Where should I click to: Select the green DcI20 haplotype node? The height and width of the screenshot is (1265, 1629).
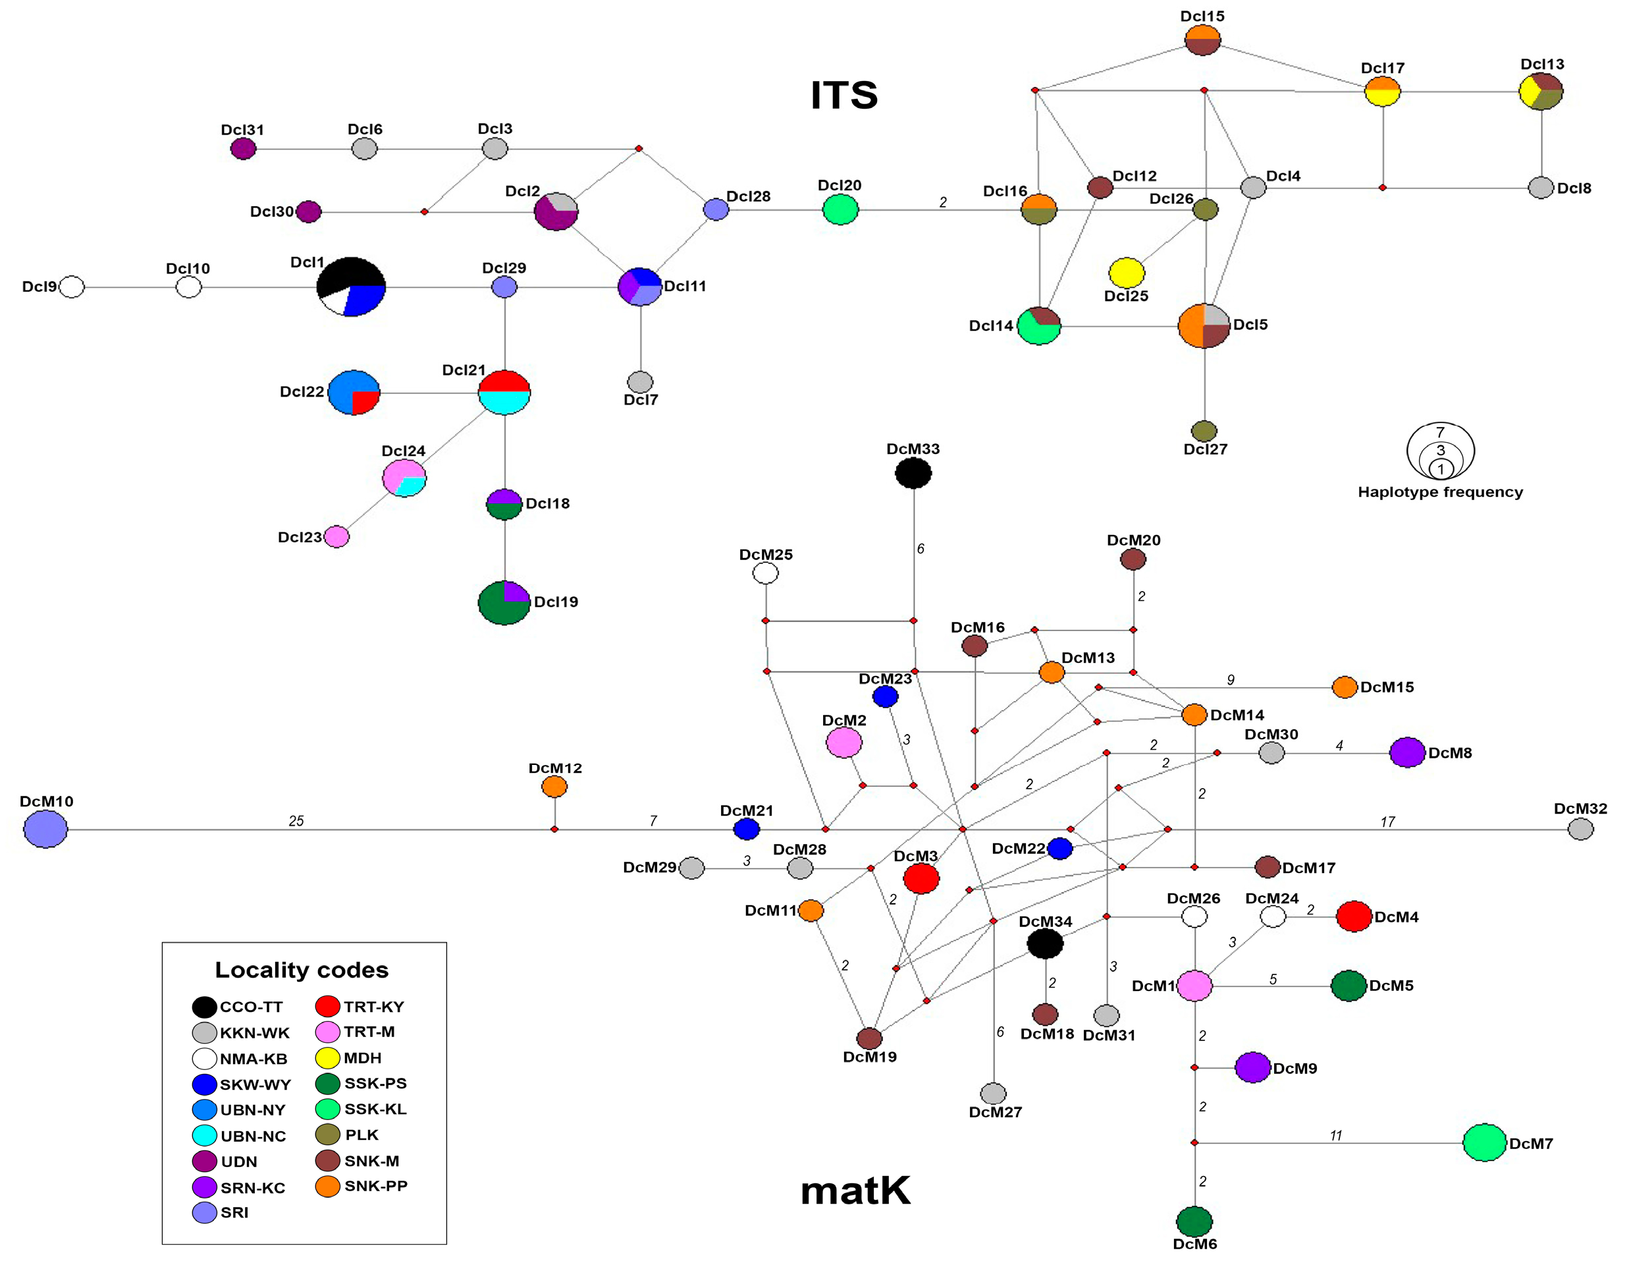pos(840,210)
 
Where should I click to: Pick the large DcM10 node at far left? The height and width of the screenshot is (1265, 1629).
pos(45,829)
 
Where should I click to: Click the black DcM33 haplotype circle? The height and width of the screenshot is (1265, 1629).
pos(913,473)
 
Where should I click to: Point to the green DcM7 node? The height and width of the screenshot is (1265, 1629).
pos(1484,1142)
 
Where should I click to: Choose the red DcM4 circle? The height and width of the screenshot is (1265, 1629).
pos(1354,916)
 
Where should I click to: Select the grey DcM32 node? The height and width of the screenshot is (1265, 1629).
pos(1580,829)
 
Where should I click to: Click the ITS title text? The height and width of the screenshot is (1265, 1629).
pos(843,96)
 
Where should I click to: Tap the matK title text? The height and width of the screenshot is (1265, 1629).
pos(855,1191)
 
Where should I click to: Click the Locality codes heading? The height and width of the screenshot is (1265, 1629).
pos(302,969)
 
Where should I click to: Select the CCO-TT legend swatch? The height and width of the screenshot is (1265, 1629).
pos(204,1007)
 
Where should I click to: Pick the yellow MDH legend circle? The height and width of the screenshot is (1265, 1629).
pos(328,1057)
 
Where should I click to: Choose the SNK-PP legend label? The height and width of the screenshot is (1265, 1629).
pos(376,1186)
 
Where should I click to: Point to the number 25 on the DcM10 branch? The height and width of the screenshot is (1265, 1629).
pos(296,821)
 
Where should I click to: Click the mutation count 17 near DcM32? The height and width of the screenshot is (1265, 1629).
pos(1387,822)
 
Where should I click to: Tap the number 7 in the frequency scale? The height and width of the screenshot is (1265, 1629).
pos(1440,432)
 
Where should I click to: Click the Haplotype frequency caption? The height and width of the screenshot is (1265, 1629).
pos(1439,492)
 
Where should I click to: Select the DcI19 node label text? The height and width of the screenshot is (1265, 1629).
pos(556,602)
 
